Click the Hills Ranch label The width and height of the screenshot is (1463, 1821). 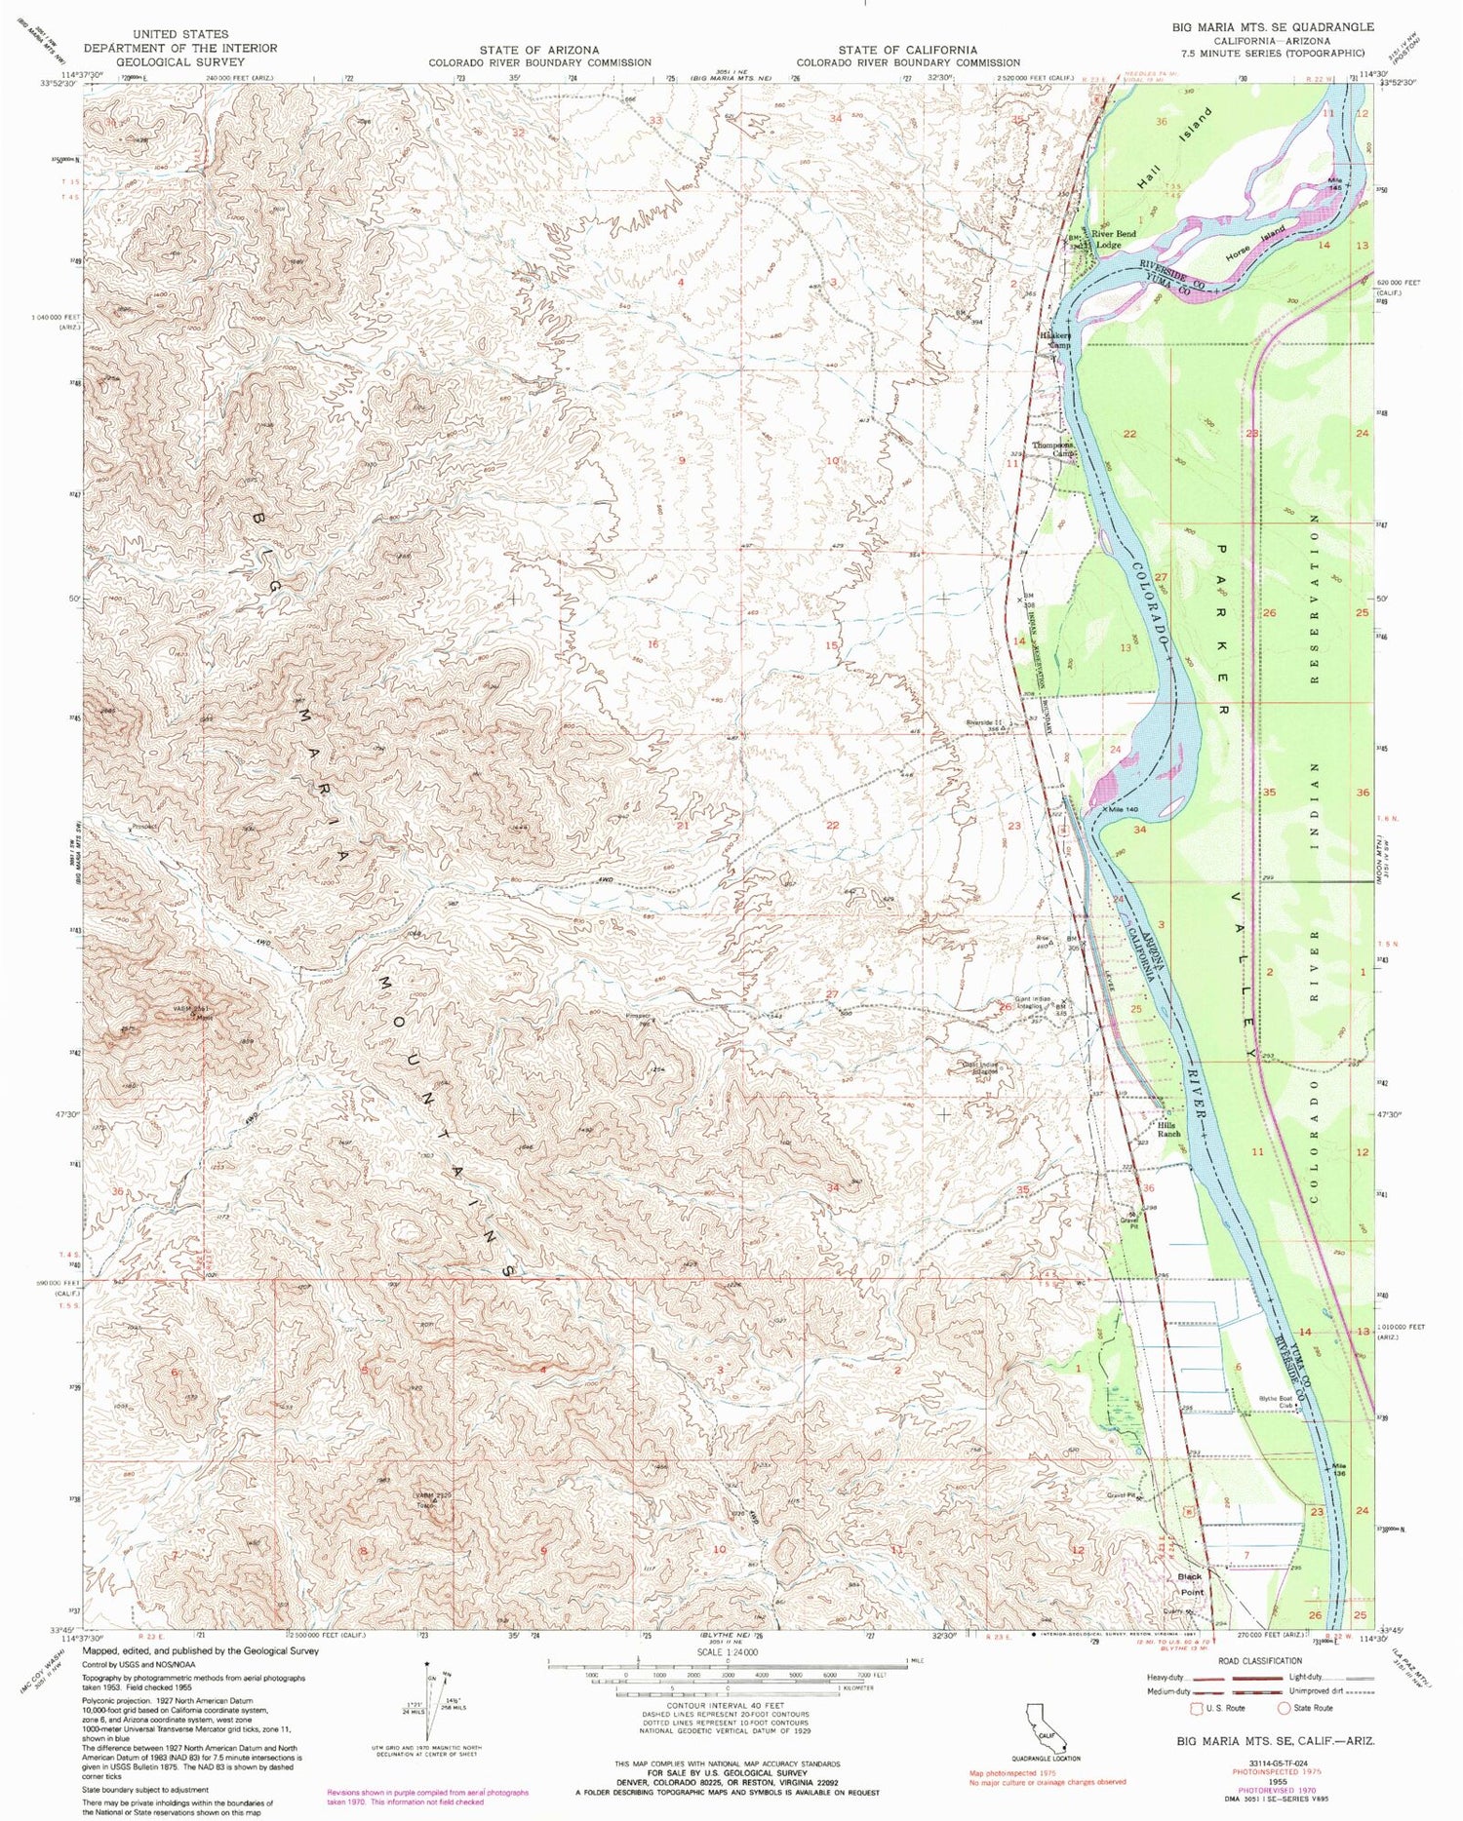tap(1168, 1129)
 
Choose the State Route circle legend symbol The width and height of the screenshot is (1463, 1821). tap(1284, 1708)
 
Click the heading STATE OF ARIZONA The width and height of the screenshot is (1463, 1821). tap(539, 50)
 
